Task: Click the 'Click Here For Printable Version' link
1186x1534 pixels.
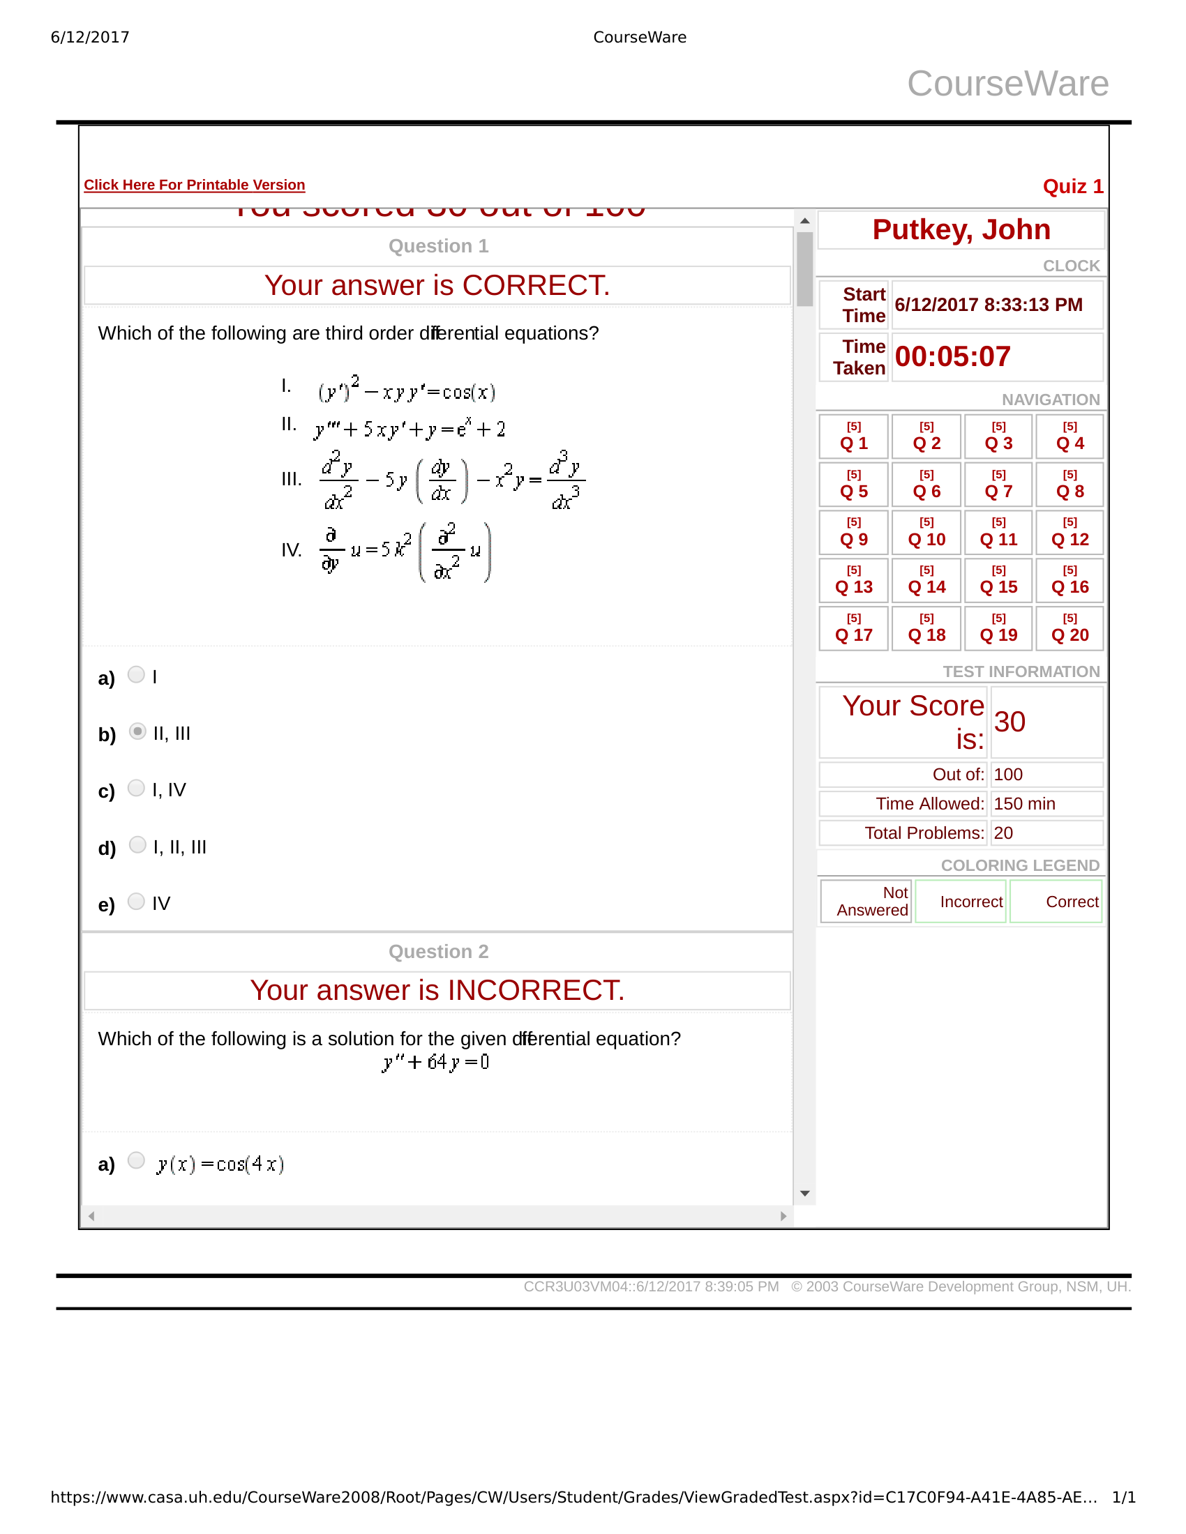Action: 194,185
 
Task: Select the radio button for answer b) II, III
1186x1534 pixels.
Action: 137,731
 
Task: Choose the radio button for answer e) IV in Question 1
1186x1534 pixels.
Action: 136,901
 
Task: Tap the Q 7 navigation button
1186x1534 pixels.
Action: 998,485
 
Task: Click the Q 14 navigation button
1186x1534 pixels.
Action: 926,580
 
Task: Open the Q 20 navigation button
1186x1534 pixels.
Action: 1069,629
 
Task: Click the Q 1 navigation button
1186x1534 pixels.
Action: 854,437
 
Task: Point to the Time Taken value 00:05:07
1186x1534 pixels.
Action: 952,357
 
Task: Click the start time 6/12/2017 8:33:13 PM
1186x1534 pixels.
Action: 988,305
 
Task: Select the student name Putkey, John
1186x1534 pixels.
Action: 961,229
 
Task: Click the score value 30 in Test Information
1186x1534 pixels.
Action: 1009,722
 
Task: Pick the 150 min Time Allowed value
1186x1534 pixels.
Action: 1023,803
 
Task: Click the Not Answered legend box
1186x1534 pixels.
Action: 866,901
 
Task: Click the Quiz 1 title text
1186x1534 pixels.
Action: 1072,186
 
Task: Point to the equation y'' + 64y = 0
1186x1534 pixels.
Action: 435,1062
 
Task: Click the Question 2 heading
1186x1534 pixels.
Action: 437,951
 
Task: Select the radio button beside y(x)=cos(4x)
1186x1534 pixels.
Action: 136,1160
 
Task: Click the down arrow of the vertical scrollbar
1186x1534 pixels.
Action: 805,1193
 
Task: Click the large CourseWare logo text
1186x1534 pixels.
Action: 1007,84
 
